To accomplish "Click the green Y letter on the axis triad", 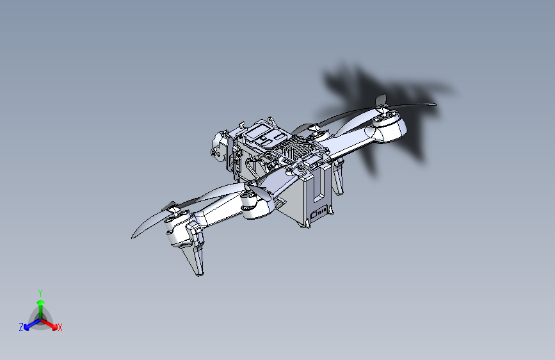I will pos(40,293).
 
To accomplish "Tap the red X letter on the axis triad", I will pos(60,328).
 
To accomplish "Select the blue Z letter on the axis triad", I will pos(21,327).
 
